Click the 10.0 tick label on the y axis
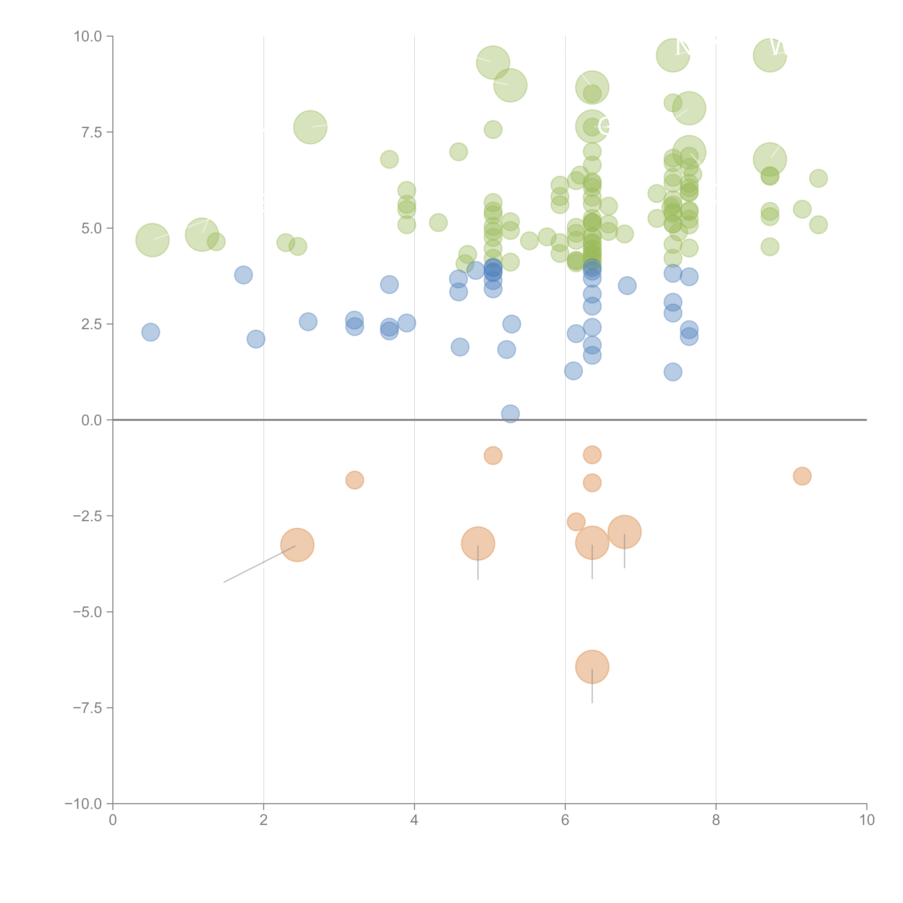coord(88,36)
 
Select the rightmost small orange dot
coord(802,476)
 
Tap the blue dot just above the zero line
coord(510,414)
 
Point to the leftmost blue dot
coord(150,332)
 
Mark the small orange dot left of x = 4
coord(355,480)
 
